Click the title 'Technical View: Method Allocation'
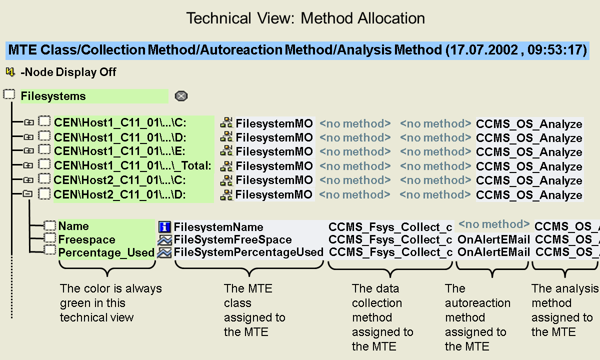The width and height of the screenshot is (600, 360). (305, 18)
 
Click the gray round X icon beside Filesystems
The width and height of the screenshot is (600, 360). (181, 96)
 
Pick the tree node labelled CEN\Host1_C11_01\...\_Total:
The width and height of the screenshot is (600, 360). (133, 165)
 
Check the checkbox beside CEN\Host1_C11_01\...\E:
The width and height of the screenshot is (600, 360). (45, 150)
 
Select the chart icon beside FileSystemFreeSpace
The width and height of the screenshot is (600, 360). (164, 240)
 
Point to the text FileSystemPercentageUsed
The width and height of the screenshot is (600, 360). (248, 252)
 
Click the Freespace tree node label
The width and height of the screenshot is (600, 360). (86, 240)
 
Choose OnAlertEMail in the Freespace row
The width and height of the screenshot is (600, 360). (493, 240)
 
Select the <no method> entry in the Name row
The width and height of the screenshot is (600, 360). (493, 224)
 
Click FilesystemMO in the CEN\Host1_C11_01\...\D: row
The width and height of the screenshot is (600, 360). (274, 137)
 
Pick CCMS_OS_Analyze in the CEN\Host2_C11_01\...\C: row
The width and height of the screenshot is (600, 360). (529, 180)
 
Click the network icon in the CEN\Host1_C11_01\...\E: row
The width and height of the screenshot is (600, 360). (227, 151)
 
